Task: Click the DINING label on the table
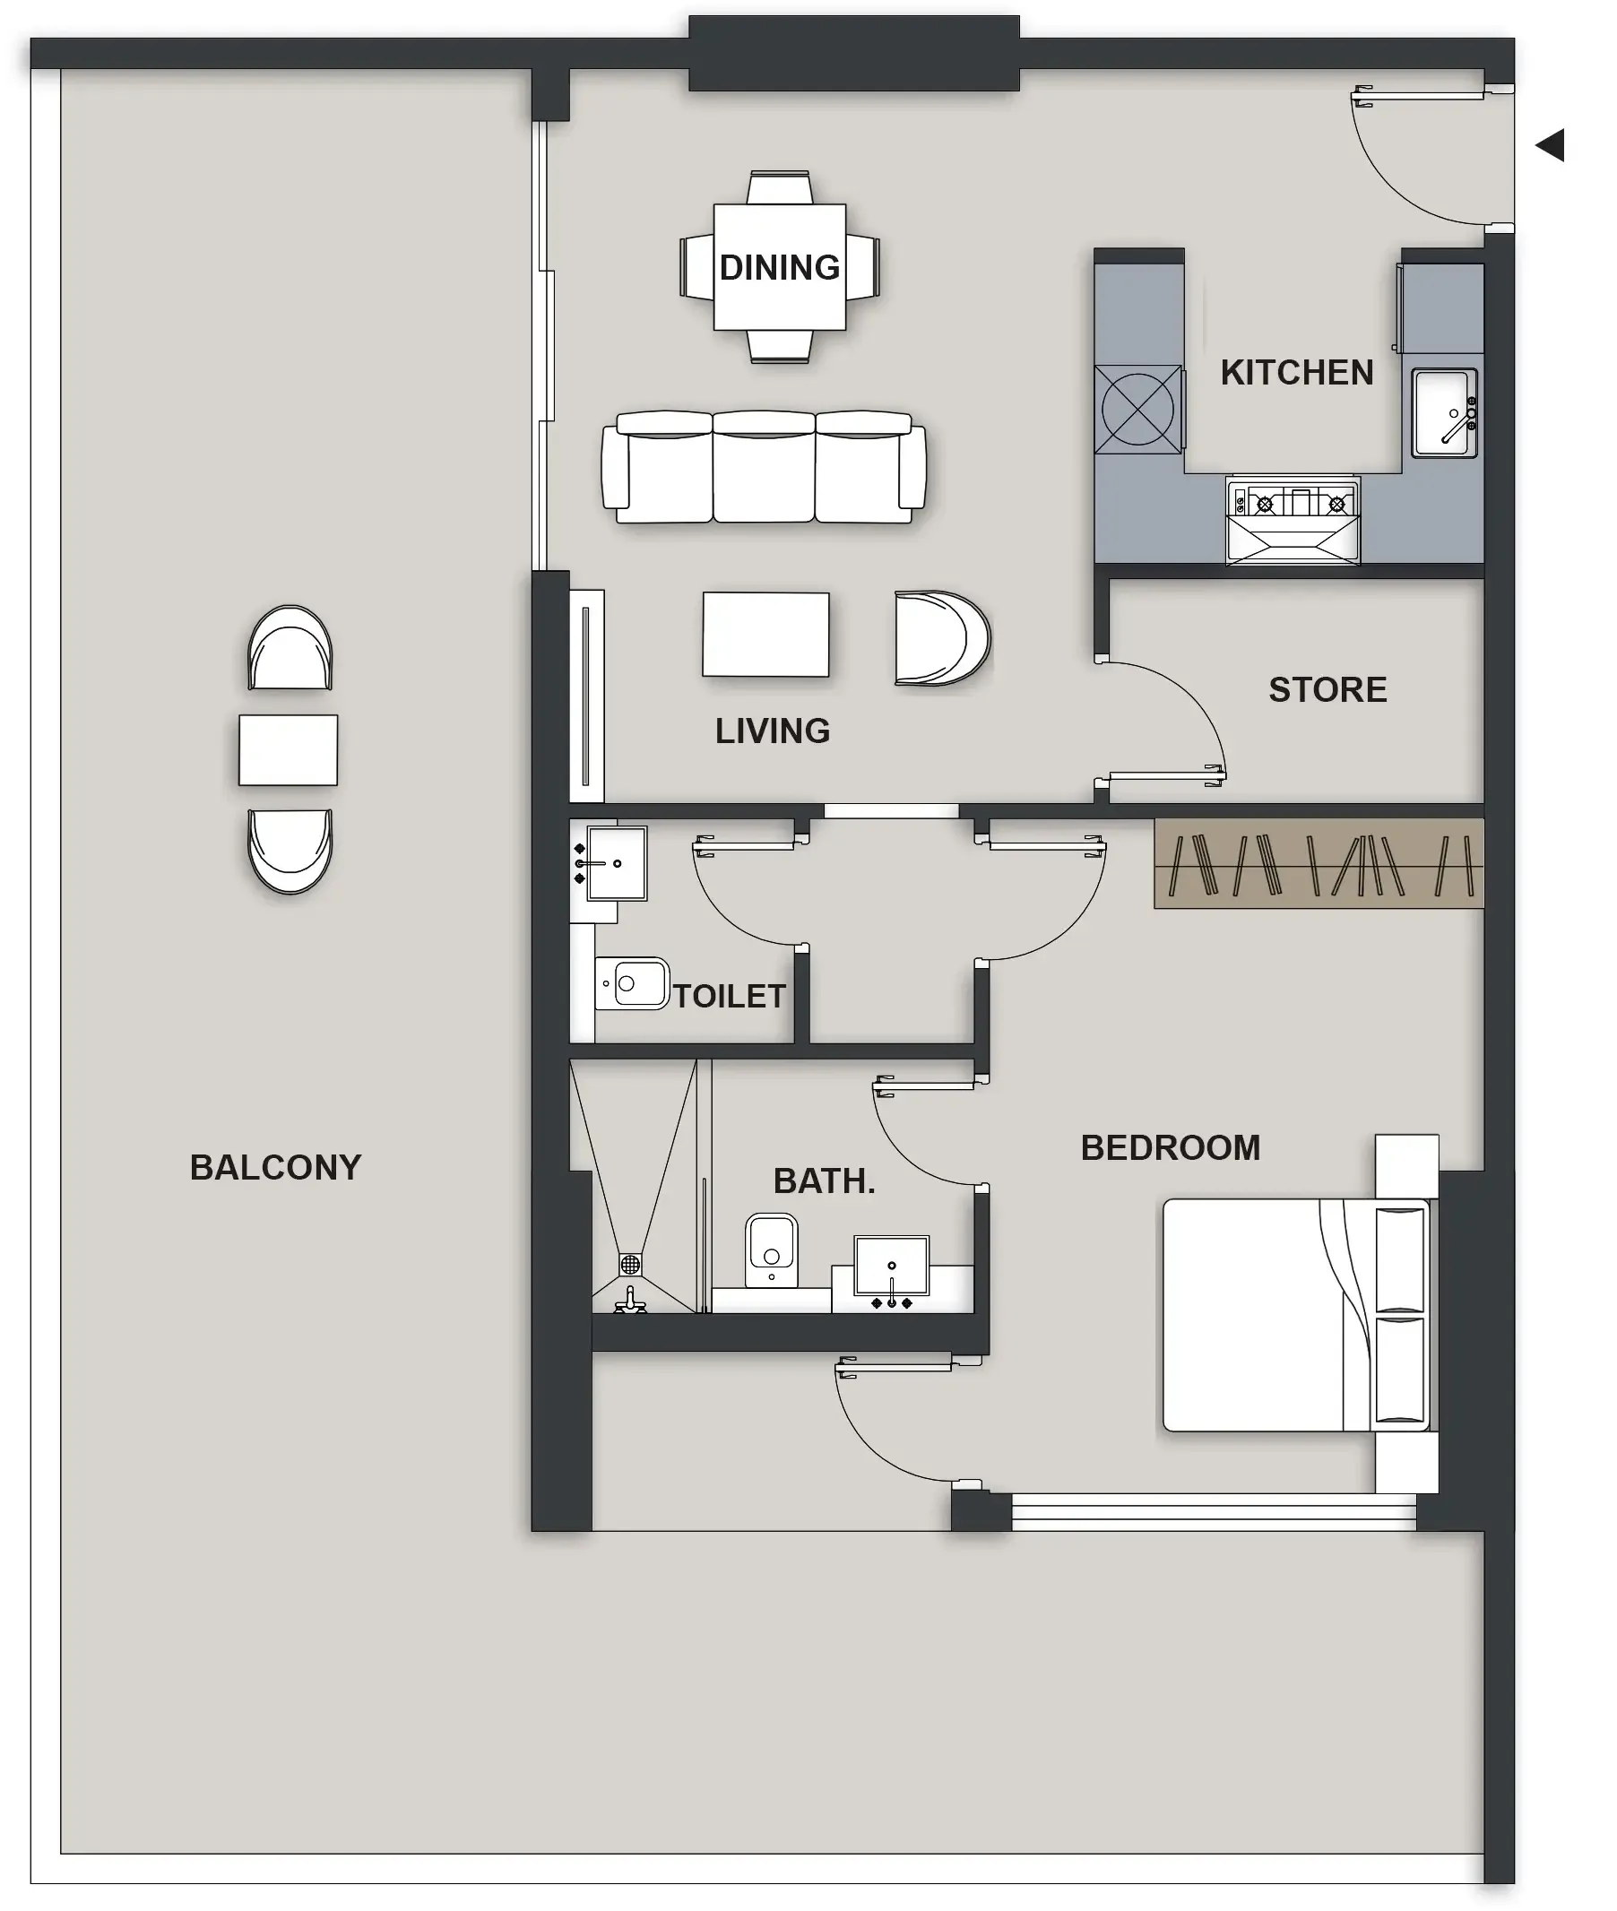[x=779, y=268]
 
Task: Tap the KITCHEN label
[x=1296, y=373]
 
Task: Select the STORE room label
[x=1327, y=690]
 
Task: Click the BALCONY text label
[x=276, y=1168]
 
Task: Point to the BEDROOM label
[x=1171, y=1147]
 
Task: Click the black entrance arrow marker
[x=1550, y=145]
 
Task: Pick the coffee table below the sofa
[x=765, y=635]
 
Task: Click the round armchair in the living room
[x=940, y=639]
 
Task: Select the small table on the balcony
[x=288, y=749]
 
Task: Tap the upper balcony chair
[x=290, y=649]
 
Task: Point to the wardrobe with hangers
[x=1318, y=864]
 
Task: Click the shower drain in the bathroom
[x=630, y=1265]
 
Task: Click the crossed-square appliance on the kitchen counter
[x=1137, y=410]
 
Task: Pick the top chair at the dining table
[x=779, y=188]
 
